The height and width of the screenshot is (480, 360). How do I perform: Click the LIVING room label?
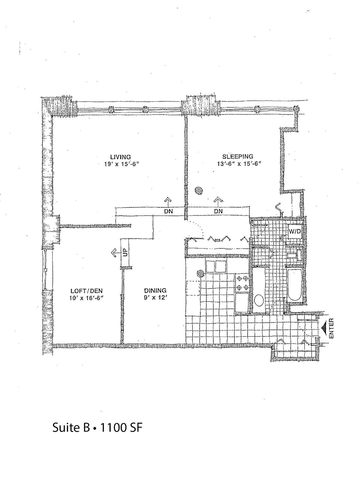pos(120,157)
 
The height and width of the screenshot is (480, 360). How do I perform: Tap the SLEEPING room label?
pos(238,157)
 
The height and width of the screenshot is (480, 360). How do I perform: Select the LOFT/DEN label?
pos(87,291)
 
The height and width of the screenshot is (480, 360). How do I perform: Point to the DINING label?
pos(155,291)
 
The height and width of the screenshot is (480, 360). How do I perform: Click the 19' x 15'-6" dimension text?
pos(121,164)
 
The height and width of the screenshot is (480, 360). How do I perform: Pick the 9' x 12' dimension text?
pos(155,298)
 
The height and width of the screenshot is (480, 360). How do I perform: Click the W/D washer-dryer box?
pos(295,231)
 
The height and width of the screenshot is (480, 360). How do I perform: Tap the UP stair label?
pos(125,253)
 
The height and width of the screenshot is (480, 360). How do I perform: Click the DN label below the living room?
pos(168,211)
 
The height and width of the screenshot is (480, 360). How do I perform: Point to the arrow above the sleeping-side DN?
pos(218,201)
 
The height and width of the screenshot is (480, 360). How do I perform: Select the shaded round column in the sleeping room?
pos(199,191)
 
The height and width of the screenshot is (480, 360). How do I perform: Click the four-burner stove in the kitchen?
pos(242,283)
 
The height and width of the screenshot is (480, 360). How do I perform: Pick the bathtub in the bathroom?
pos(295,285)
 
